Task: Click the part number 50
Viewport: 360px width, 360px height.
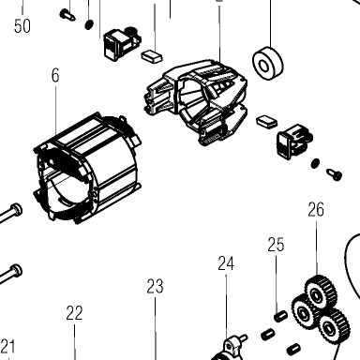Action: (22, 26)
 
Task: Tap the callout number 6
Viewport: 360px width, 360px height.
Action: (55, 76)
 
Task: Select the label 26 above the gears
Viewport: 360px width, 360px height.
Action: (316, 210)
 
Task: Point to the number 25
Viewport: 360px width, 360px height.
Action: (276, 245)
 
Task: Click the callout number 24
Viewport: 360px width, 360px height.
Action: (226, 263)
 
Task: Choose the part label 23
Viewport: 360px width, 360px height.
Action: (155, 286)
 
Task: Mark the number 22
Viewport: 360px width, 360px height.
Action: (74, 313)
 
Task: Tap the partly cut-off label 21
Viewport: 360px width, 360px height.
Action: (7, 346)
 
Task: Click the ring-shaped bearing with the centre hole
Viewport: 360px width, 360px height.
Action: (268, 64)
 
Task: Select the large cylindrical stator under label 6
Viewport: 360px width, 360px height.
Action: (86, 169)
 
